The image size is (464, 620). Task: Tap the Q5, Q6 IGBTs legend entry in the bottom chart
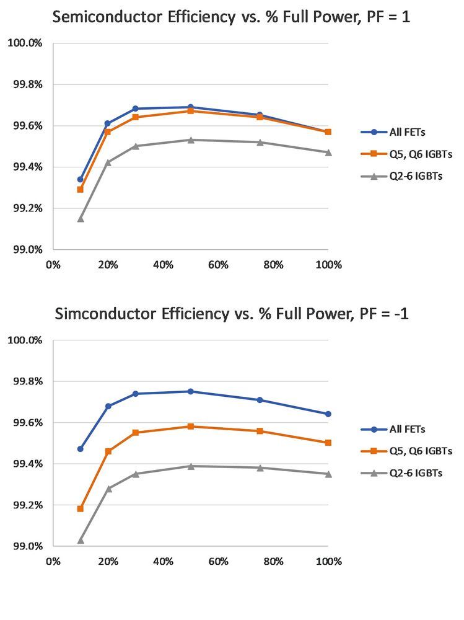[x=399, y=451]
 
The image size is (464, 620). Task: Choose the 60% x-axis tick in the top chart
[x=218, y=265]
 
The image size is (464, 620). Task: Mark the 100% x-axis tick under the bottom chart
[x=328, y=562]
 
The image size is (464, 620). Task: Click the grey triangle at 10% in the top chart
[x=81, y=218]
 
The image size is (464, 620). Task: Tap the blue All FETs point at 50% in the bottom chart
[x=191, y=391]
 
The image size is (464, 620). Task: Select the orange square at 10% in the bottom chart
[x=81, y=508]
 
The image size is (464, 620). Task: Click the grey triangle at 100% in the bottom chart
[x=328, y=474]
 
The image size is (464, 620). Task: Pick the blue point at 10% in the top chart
[x=81, y=179]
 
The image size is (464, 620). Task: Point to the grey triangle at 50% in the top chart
[x=191, y=139]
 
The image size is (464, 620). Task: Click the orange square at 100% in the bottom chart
[x=328, y=443]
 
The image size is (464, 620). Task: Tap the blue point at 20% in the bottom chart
[x=108, y=406]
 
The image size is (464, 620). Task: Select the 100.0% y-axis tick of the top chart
[x=24, y=43]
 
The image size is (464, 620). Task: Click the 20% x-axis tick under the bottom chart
[x=108, y=562]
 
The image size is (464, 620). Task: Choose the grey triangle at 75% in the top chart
[x=260, y=142]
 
